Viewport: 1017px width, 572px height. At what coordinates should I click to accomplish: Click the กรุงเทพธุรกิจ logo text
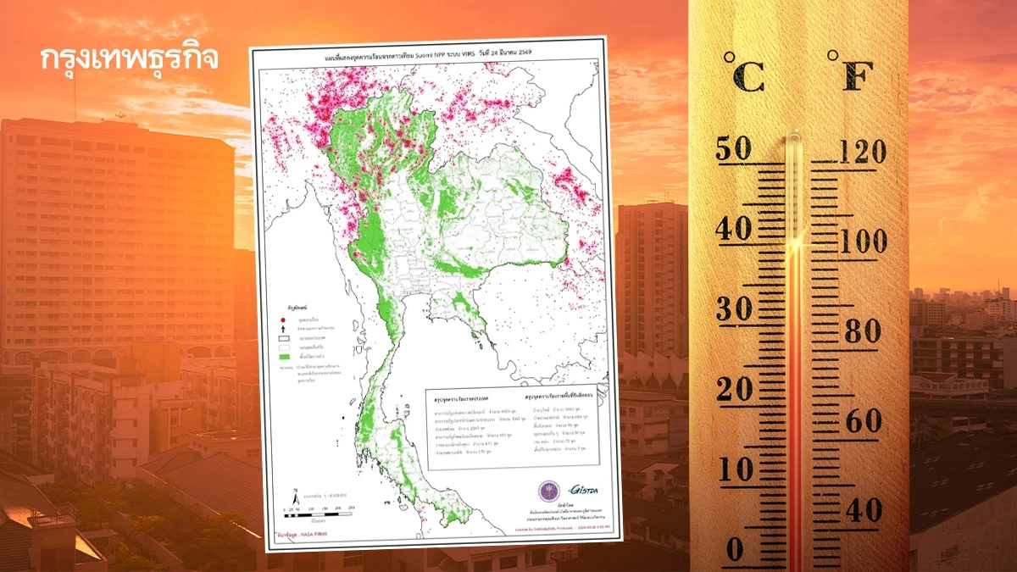coord(129,58)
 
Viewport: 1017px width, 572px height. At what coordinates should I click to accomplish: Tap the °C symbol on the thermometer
coord(743,72)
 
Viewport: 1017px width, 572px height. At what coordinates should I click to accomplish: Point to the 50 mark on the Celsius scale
coord(734,149)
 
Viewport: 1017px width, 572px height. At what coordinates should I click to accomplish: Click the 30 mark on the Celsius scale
coord(734,309)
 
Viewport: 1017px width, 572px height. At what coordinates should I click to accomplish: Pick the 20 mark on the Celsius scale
coord(734,389)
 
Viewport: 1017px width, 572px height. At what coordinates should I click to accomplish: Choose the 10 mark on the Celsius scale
coord(734,469)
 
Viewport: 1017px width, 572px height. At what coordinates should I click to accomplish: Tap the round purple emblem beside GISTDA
coord(547,491)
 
